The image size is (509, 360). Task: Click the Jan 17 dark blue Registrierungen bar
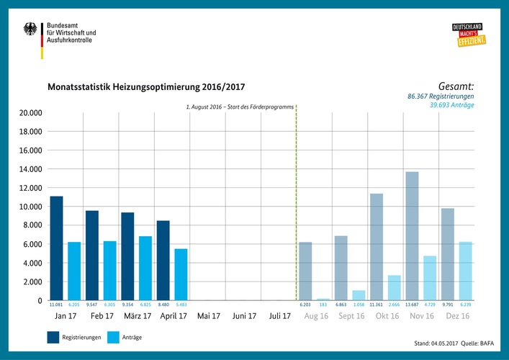tap(56, 248)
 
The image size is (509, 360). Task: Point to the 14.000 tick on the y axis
tap(30, 169)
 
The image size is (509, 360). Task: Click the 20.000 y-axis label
tap(30, 113)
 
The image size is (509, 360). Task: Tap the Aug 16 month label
tap(316, 316)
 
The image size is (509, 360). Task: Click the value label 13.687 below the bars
tap(412, 305)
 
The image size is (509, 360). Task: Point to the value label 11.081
tap(56, 305)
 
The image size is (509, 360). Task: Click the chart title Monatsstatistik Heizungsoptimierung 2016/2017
tap(146, 87)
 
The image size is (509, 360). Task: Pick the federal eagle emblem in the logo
tap(30, 30)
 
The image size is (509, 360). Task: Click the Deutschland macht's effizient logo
tap(467, 35)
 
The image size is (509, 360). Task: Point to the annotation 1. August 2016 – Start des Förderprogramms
tap(240, 107)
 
